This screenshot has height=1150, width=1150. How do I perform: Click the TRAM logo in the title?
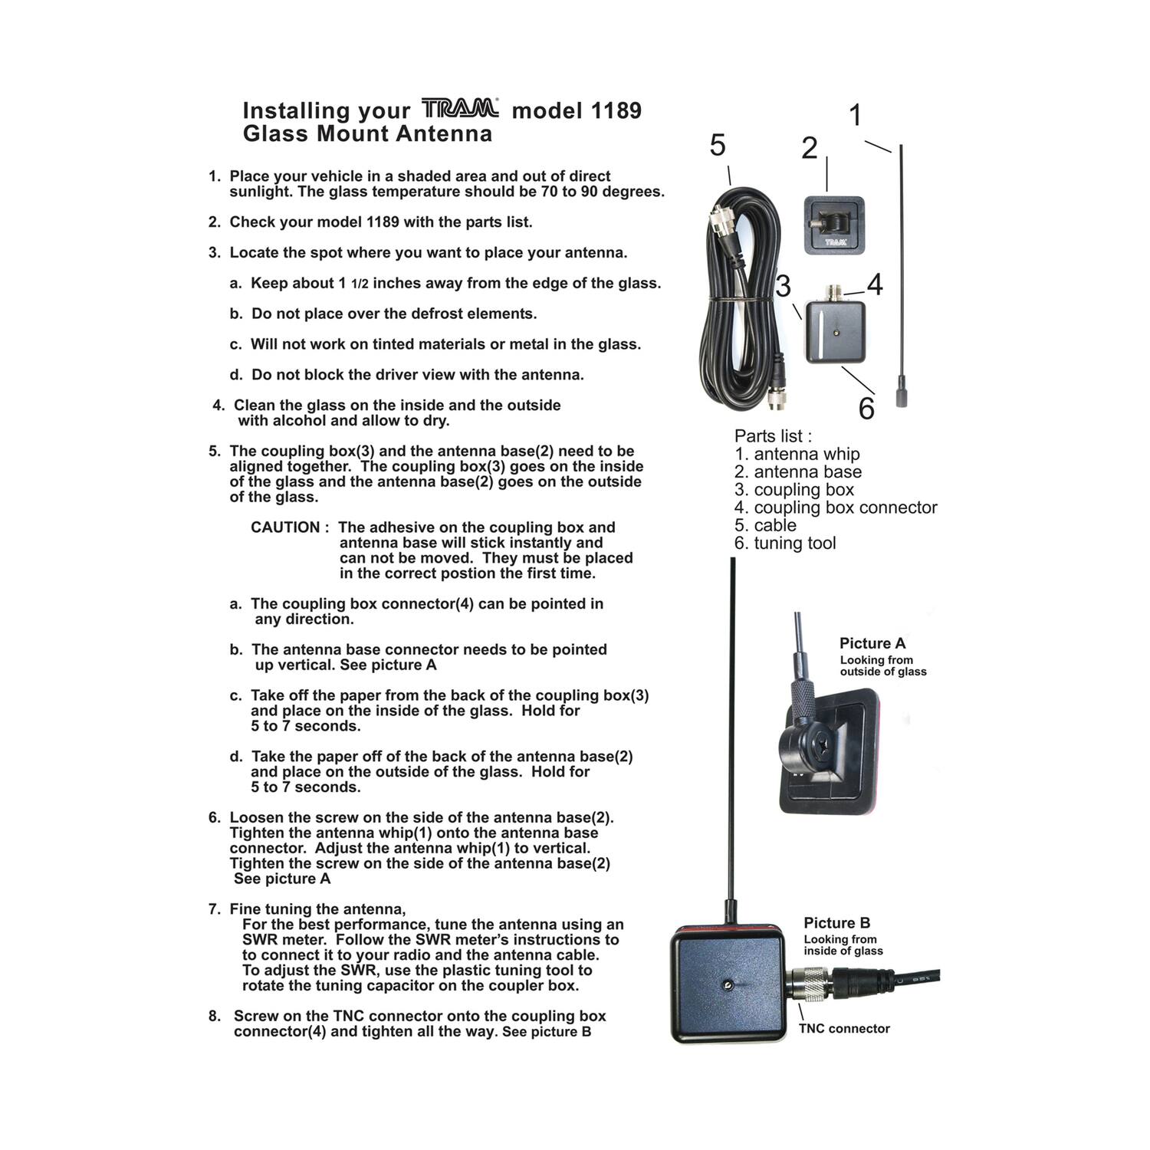point(460,108)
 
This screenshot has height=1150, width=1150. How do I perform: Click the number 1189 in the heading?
point(606,110)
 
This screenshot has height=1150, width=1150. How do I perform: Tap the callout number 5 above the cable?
point(718,145)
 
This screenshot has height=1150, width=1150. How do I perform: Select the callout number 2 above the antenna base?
point(810,148)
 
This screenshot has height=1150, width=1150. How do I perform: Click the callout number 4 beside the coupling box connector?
point(875,284)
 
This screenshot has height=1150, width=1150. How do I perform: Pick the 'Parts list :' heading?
point(773,436)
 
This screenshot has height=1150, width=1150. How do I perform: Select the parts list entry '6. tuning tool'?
point(785,544)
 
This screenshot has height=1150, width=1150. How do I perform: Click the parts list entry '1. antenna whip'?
point(797,455)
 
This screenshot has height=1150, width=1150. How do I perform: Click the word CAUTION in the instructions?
point(285,527)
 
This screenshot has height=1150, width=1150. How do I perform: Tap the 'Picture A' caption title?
point(872,643)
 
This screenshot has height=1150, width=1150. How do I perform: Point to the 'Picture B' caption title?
point(836,923)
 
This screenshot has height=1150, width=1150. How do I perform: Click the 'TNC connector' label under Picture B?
point(844,1029)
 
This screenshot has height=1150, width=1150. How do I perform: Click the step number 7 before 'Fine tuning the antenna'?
point(214,909)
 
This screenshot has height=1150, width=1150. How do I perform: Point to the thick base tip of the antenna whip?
point(902,398)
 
